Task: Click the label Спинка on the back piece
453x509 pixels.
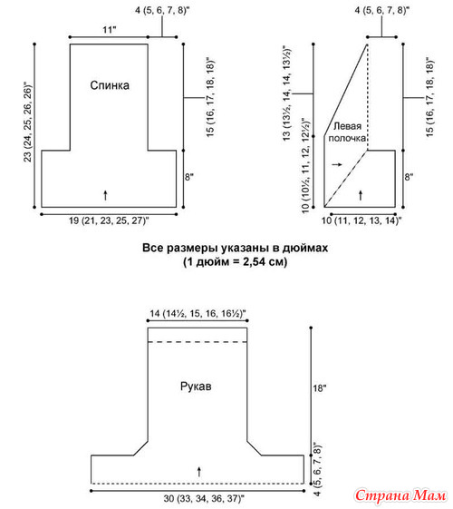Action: (110, 85)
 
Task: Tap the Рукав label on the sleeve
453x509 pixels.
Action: (196, 387)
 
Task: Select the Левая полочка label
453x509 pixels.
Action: (347, 132)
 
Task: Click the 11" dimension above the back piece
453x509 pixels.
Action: (110, 30)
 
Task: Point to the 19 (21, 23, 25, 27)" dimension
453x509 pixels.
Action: (109, 220)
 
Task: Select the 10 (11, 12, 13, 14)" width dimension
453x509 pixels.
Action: (361, 220)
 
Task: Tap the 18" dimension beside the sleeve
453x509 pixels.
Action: (320, 388)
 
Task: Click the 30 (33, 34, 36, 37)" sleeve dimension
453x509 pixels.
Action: (204, 499)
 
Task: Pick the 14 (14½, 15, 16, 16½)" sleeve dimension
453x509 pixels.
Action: (198, 314)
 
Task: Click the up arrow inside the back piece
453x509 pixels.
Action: (105, 195)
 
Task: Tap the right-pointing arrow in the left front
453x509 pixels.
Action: (337, 164)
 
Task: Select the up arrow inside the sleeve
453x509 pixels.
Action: (199, 472)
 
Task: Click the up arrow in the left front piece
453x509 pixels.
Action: (361, 195)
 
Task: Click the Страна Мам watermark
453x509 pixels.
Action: (400, 495)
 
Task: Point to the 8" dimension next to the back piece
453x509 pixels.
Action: (189, 177)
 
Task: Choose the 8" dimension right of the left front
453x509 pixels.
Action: (409, 177)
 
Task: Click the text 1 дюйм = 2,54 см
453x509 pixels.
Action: (236, 261)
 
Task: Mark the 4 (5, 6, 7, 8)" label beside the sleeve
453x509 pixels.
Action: (318, 468)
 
